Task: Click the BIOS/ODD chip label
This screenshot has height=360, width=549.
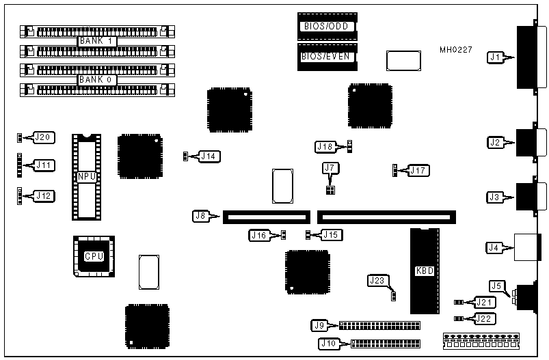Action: (327, 27)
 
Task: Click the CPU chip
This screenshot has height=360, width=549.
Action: (94, 256)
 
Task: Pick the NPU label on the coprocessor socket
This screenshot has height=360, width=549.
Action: (86, 176)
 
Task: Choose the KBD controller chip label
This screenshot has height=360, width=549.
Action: (425, 271)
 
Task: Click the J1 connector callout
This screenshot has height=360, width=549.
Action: (497, 57)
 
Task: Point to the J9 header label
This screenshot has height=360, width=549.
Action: (319, 325)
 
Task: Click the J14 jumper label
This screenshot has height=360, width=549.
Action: (209, 156)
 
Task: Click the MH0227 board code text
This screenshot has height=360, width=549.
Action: (456, 50)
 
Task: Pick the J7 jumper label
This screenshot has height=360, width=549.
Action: (330, 168)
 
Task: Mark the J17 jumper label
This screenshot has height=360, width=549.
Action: (418, 169)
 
